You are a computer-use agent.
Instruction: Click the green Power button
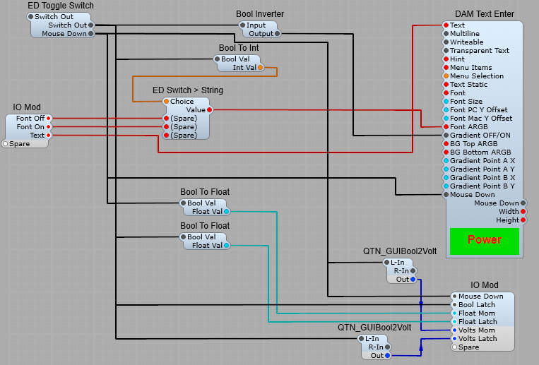[484, 240]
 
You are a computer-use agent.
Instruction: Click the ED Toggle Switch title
[60, 6]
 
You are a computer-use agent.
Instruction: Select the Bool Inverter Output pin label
[260, 34]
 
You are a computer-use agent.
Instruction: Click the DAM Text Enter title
[484, 14]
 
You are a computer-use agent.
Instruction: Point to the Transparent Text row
[480, 51]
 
